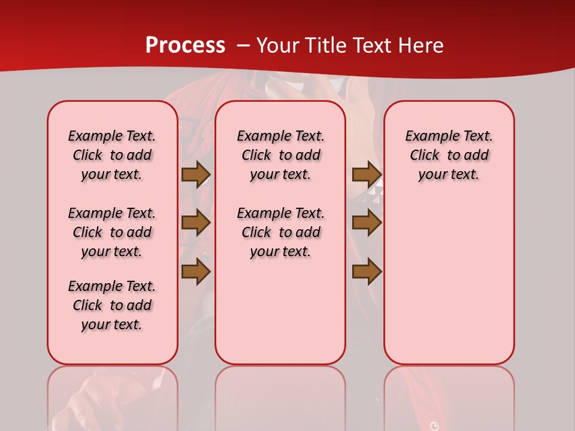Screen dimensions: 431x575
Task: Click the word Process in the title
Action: click(x=185, y=45)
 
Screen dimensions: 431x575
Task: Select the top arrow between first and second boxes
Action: click(x=196, y=174)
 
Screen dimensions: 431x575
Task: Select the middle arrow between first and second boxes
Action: click(x=196, y=223)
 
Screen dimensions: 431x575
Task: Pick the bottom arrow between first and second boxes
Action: click(x=196, y=272)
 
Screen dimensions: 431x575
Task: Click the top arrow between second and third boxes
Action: click(x=367, y=174)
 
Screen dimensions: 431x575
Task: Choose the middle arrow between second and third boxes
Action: click(x=367, y=223)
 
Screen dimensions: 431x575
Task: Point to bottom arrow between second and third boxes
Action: click(x=367, y=272)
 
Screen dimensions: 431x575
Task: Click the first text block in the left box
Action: click(x=112, y=155)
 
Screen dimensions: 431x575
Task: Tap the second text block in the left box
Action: click(x=112, y=232)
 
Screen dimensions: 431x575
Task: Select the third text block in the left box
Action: click(x=112, y=305)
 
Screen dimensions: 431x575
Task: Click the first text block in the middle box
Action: click(x=280, y=155)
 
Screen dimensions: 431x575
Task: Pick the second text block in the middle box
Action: click(x=280, y=232)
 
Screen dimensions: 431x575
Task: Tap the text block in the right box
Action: click(x=449, y=155)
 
